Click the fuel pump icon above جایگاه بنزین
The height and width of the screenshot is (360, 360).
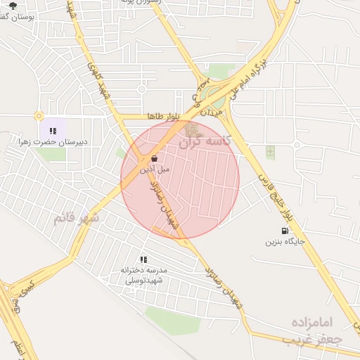tap(285, 231)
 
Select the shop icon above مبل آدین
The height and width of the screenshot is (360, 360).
tap(154, 158)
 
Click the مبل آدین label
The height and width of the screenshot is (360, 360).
tap(154, 169)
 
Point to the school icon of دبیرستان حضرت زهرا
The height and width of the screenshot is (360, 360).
tap(53, 130)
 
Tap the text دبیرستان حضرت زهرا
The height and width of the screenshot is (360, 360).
tap(53, 141)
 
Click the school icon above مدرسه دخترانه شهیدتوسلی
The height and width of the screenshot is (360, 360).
tap(143, 259)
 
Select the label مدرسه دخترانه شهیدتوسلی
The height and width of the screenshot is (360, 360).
tap(142, 275)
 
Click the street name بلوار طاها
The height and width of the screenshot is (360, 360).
tap(165, 116)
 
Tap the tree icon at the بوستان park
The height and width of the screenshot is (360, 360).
tap(13, 6)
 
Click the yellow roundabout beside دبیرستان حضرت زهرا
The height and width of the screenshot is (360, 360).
tap(39, 116)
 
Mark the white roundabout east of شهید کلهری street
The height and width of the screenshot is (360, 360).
tap(141, 89)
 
